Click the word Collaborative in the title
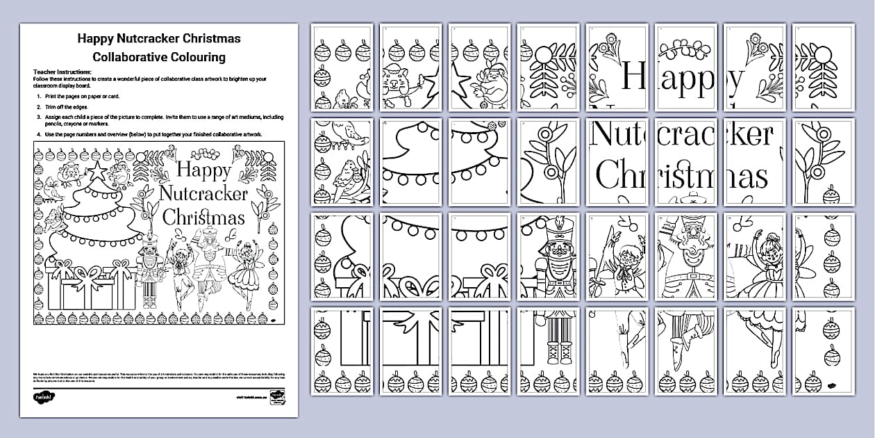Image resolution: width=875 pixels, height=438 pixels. (128, 56)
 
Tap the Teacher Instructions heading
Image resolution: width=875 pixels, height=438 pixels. (62, 72)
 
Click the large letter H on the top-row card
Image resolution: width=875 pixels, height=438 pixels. (631, 75)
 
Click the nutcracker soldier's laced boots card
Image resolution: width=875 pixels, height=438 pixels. (549, 348)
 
